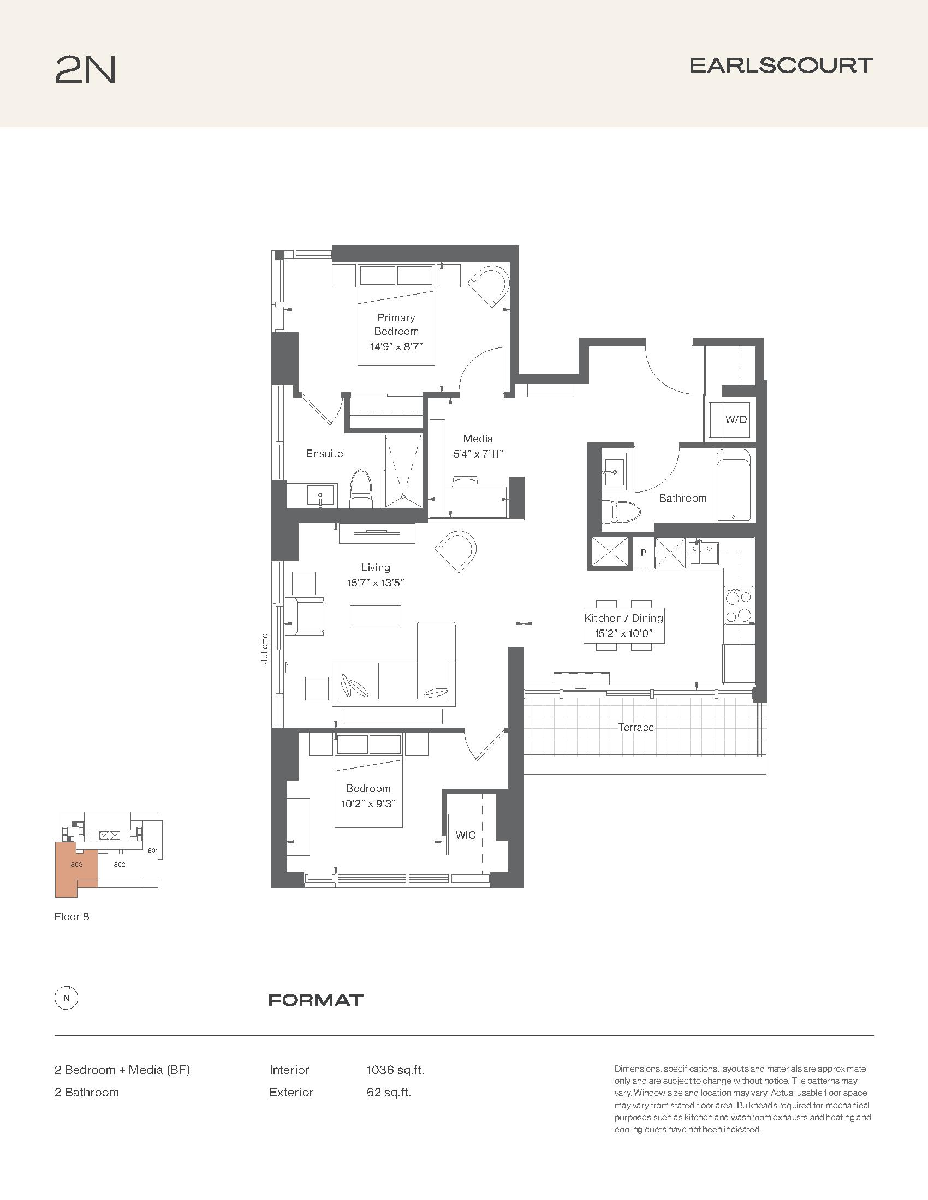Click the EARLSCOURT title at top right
781,65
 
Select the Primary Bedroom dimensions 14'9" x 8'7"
396,347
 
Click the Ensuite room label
324,453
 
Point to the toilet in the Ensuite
361,489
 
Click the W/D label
736,420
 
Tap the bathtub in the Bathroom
734,485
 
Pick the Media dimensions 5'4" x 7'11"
478,454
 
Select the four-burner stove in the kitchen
739,605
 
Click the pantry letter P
643,552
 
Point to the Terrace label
636,728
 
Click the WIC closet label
466,835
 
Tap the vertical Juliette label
265,649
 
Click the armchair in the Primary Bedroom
489,286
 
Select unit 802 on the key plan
120,865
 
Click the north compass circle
67,999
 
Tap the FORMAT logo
316,1000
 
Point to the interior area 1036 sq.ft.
395,1070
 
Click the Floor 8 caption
72,916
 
